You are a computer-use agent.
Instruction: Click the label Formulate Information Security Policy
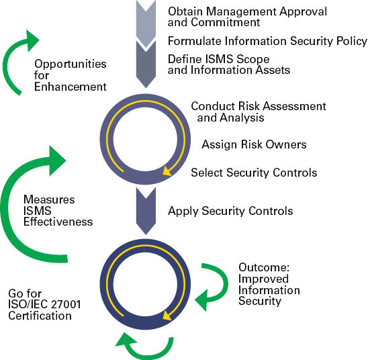coord(267,41)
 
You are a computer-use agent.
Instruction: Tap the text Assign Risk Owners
coord(254,144)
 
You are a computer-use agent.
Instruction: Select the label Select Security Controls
coord(254,173)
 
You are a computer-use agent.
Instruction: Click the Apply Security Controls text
coord(230,211)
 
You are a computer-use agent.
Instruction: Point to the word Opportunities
coord(70,64)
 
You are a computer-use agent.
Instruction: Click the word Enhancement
coord(70,87)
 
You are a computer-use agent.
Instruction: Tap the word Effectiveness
coord(58,222)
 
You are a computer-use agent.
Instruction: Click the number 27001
coord(66,304)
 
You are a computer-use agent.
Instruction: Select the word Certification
coord(40,316)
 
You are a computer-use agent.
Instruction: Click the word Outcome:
coord(264,267)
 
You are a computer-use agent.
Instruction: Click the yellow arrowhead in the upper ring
coord(167,171)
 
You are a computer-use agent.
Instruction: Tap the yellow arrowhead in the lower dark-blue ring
coord(167,316)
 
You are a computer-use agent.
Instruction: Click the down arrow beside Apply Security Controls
coord(146,211)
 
